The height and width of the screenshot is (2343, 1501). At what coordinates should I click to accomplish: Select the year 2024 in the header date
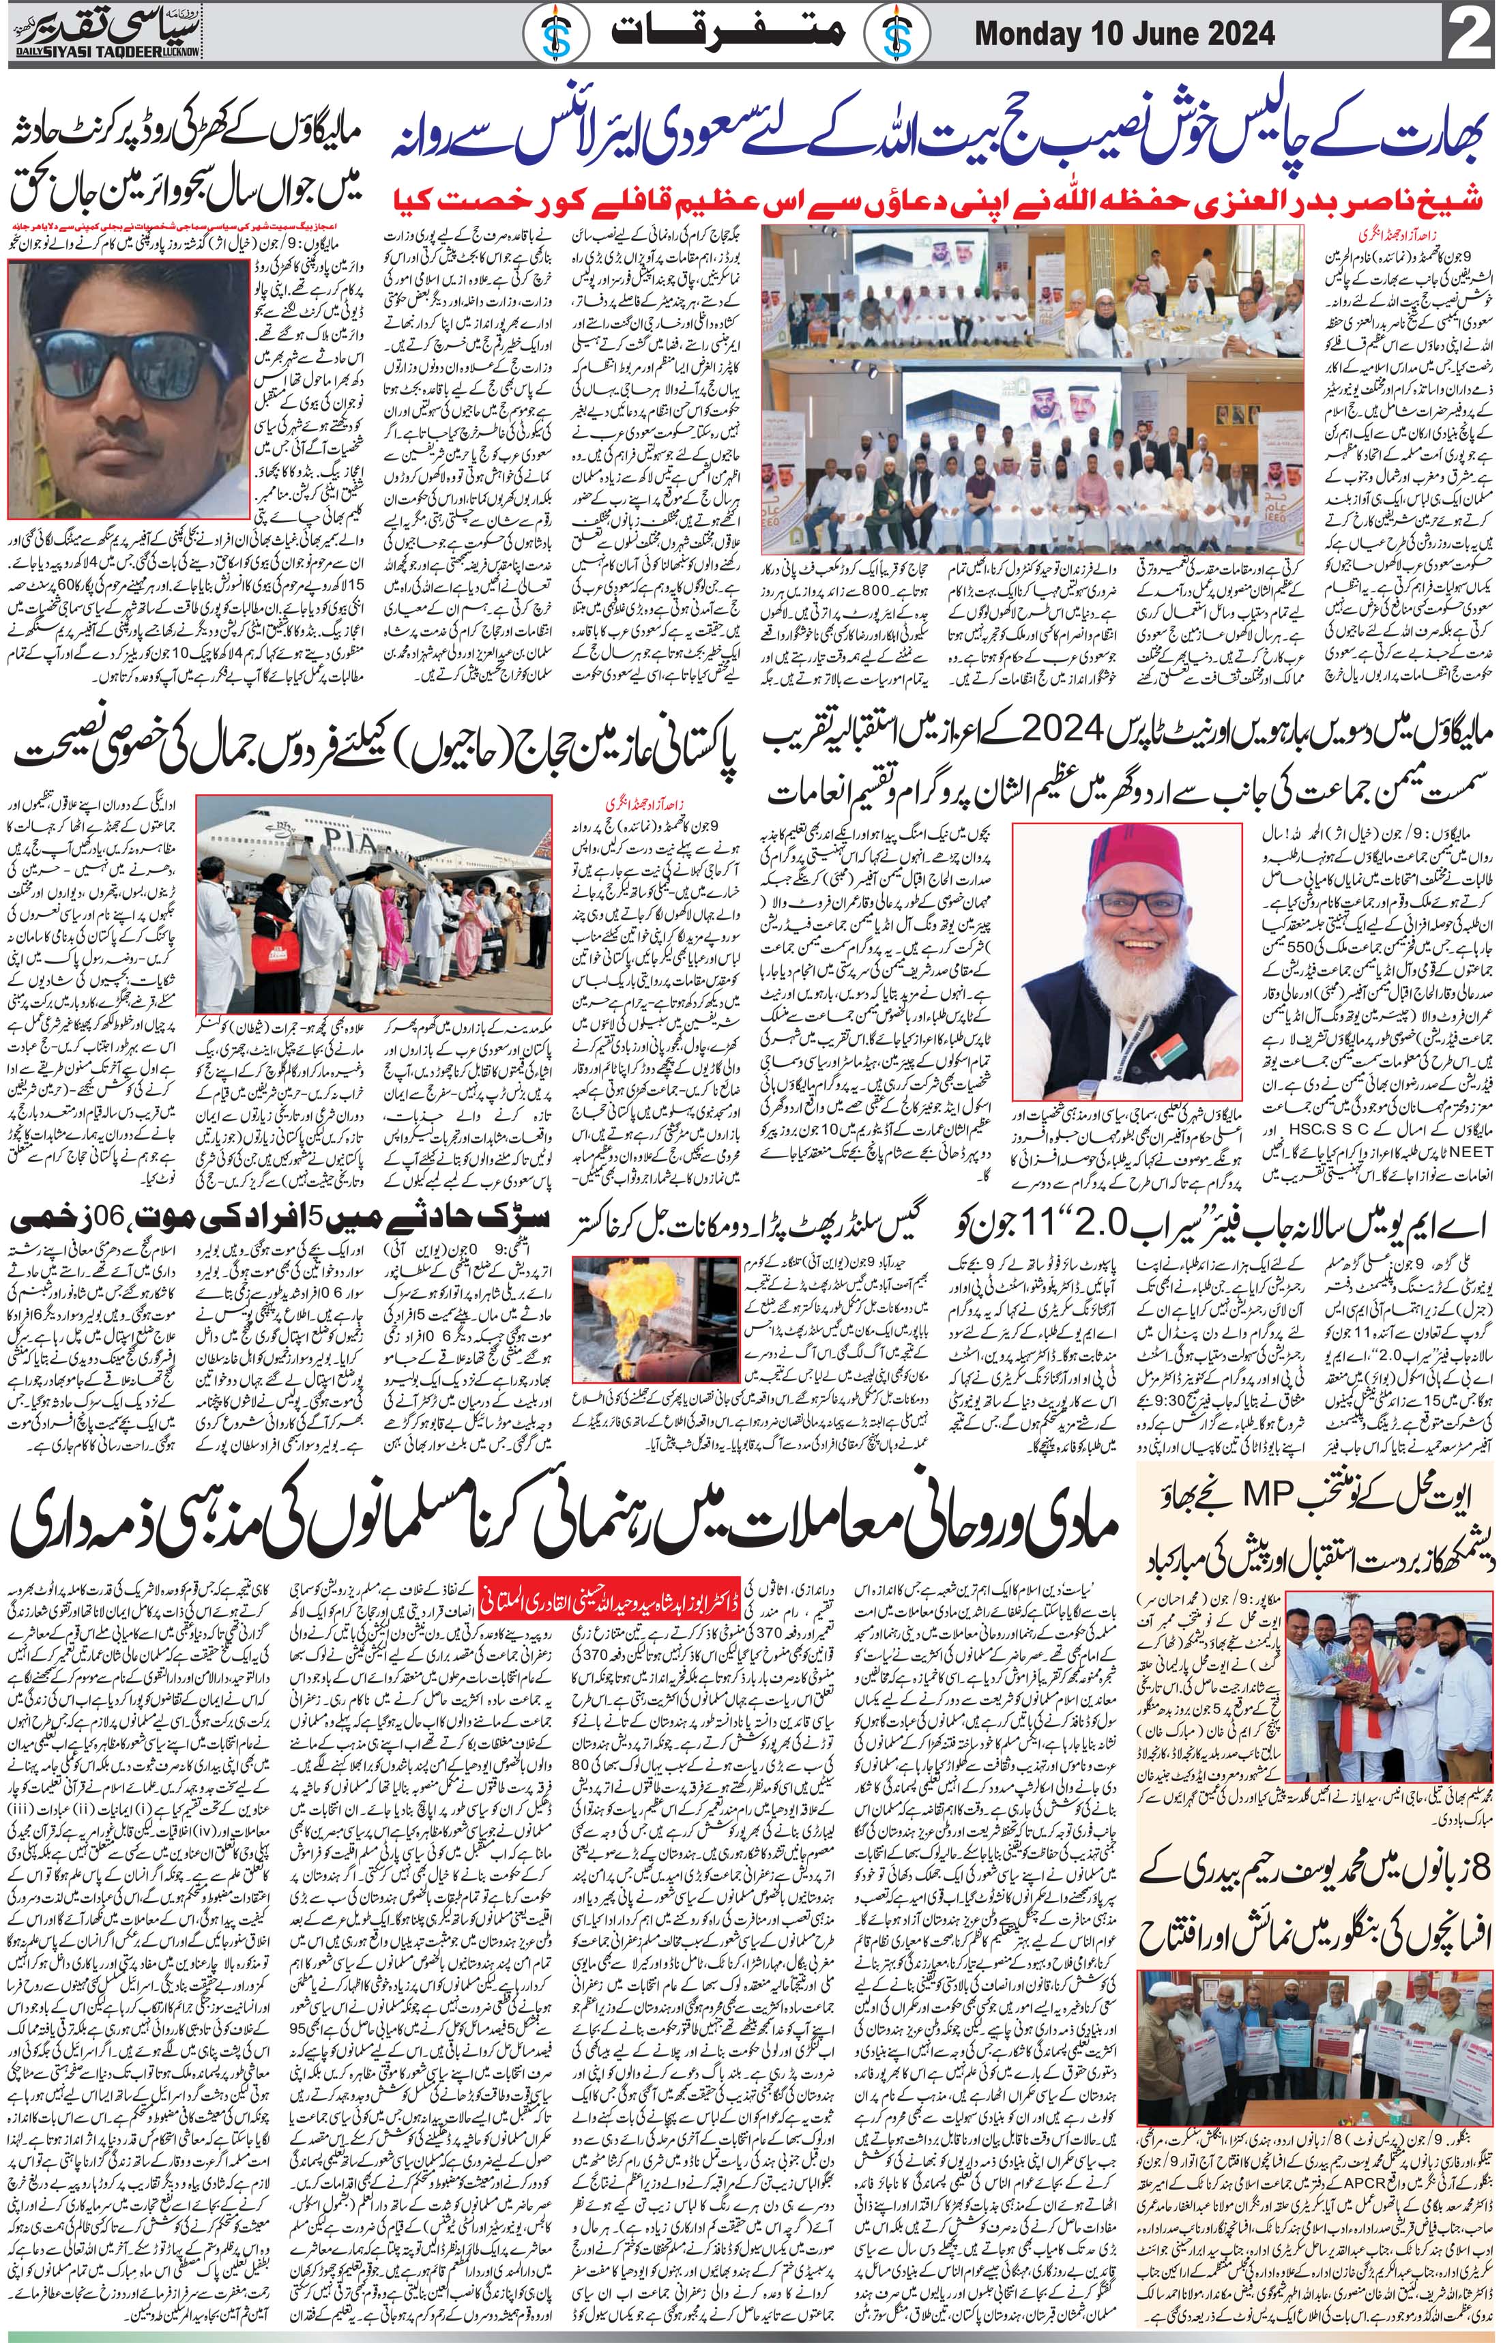point(1240,35)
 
